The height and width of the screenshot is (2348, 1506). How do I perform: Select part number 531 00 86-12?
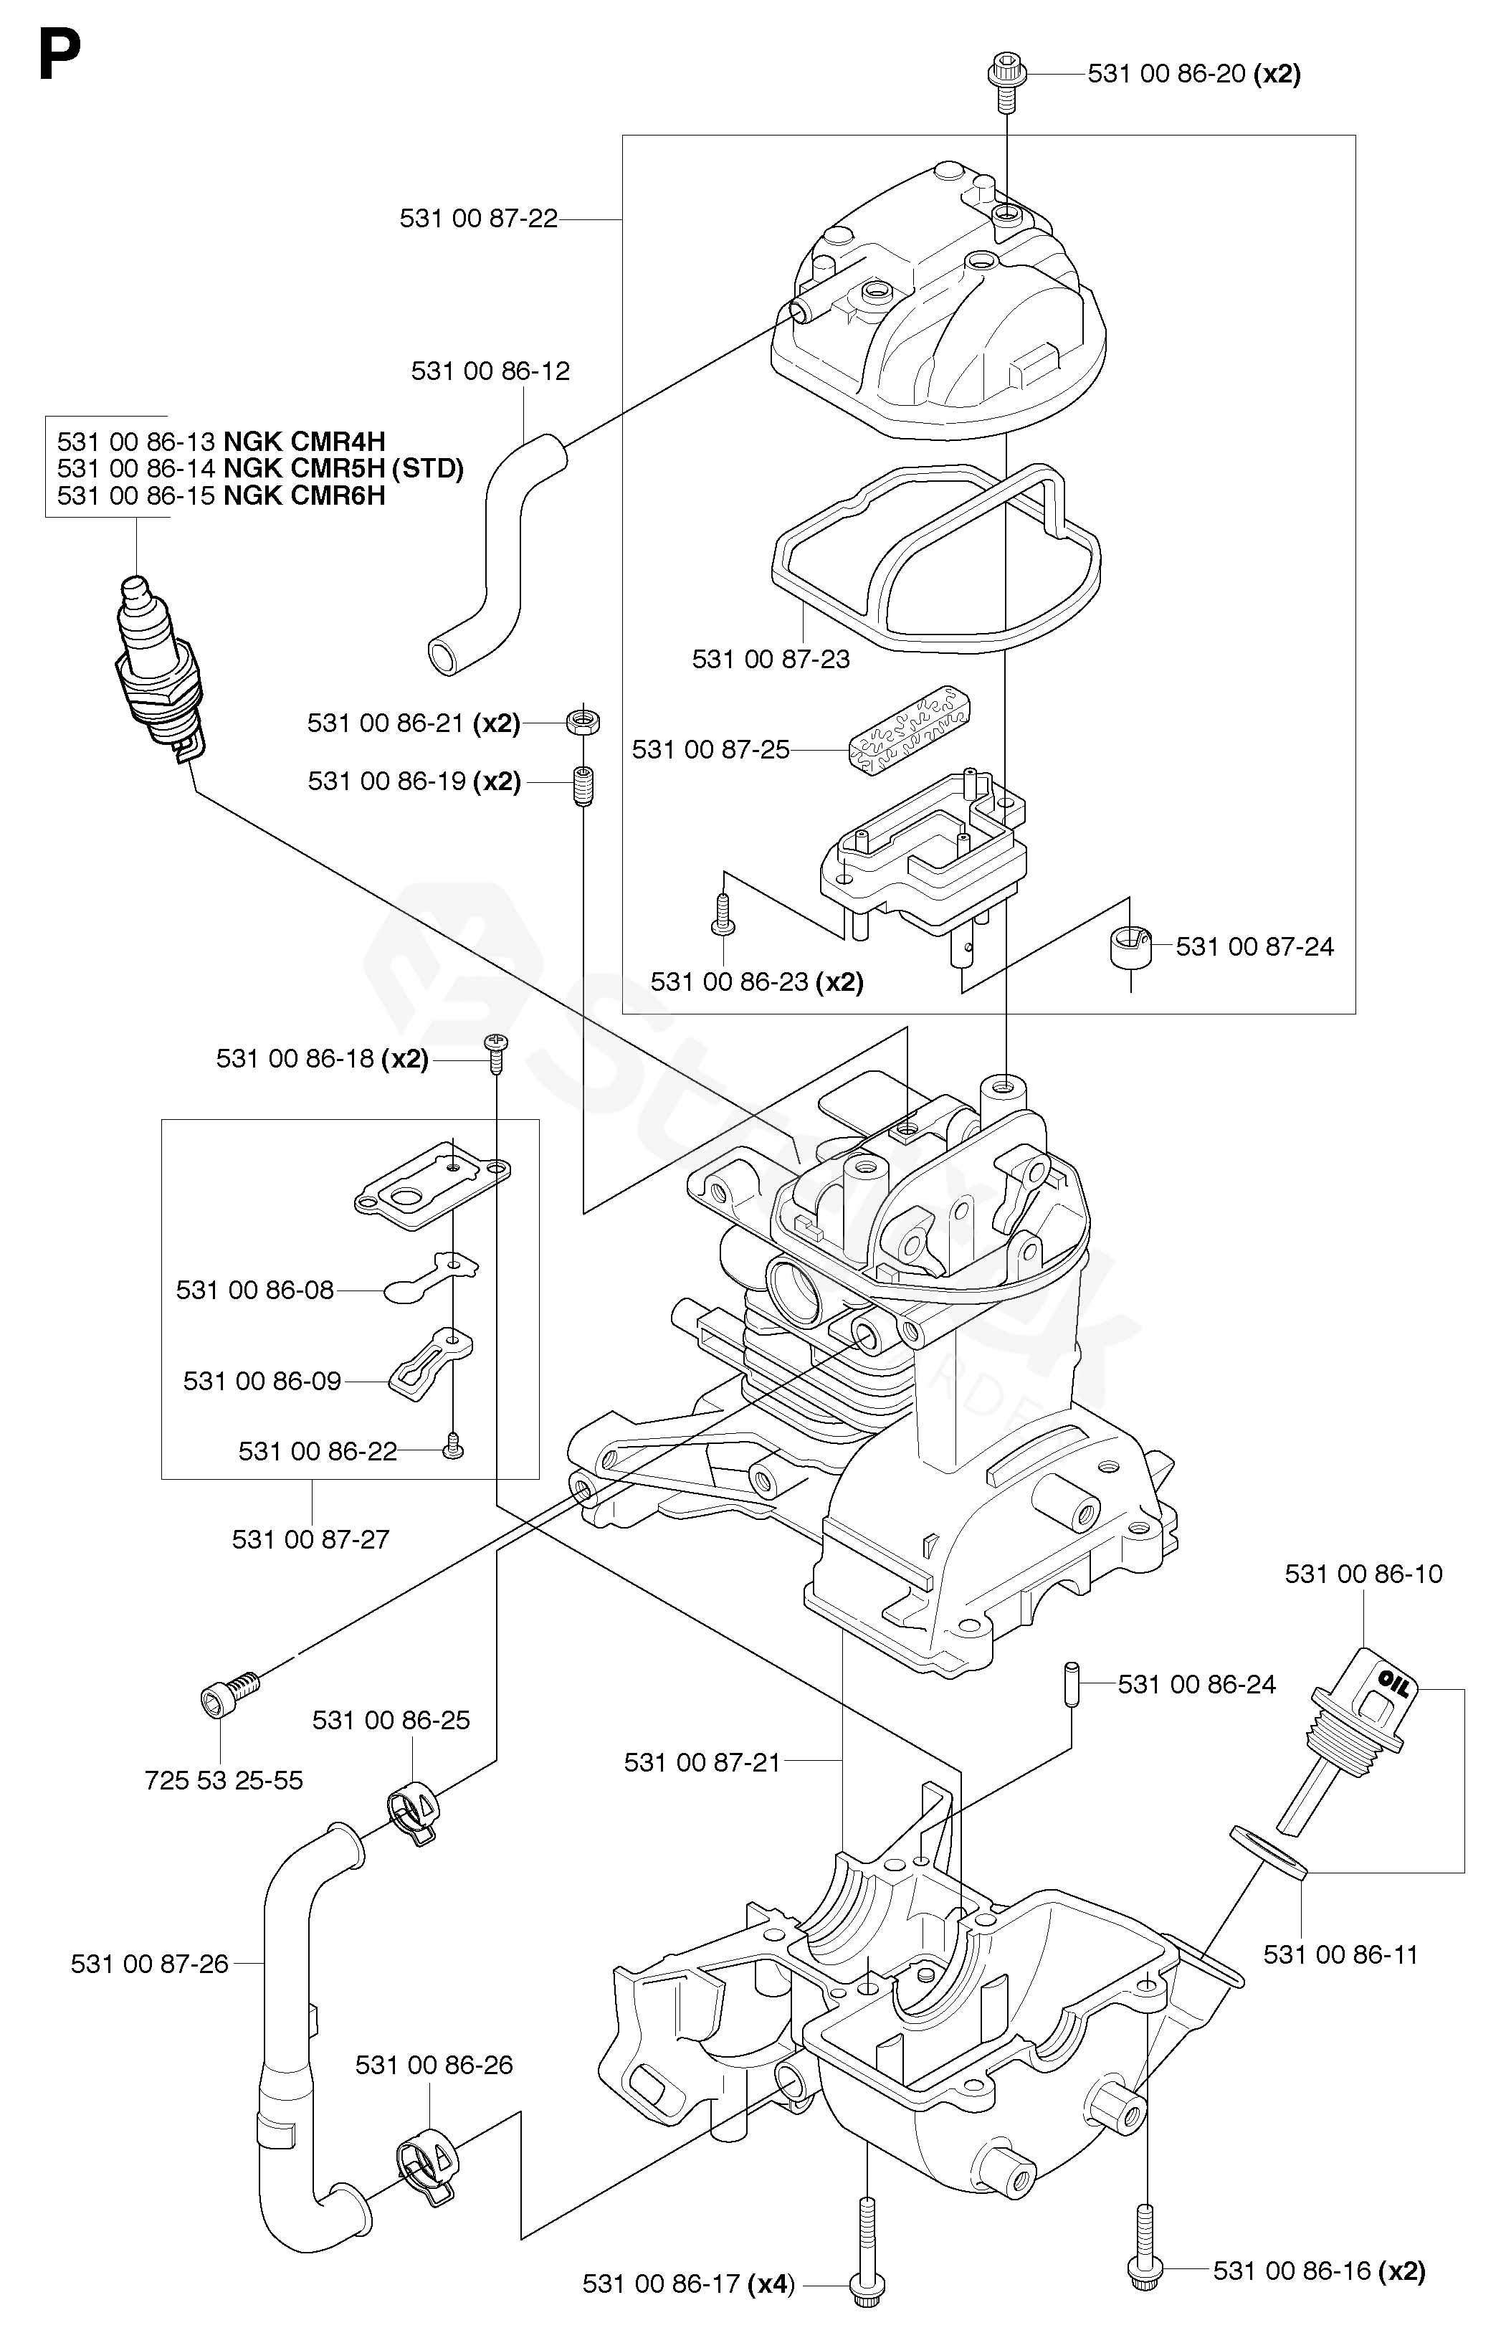490,371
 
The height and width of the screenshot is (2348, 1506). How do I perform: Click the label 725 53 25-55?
223,1781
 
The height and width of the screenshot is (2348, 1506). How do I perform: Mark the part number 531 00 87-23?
771,659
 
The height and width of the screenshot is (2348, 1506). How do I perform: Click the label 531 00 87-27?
310,1539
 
